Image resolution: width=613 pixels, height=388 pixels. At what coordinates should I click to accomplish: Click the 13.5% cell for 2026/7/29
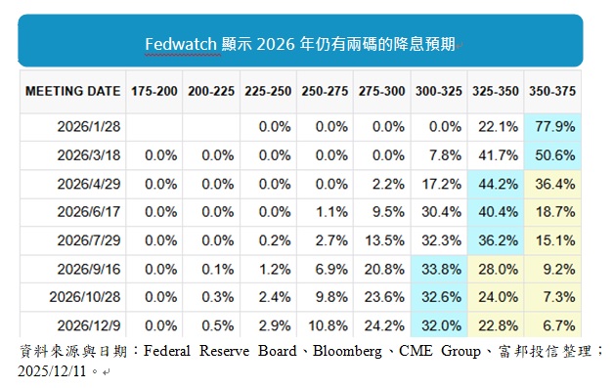pos(384,239)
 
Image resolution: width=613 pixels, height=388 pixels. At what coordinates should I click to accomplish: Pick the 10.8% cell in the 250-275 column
pos(328,325)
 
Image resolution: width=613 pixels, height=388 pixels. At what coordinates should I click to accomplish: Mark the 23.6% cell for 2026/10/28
pos(384,296)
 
